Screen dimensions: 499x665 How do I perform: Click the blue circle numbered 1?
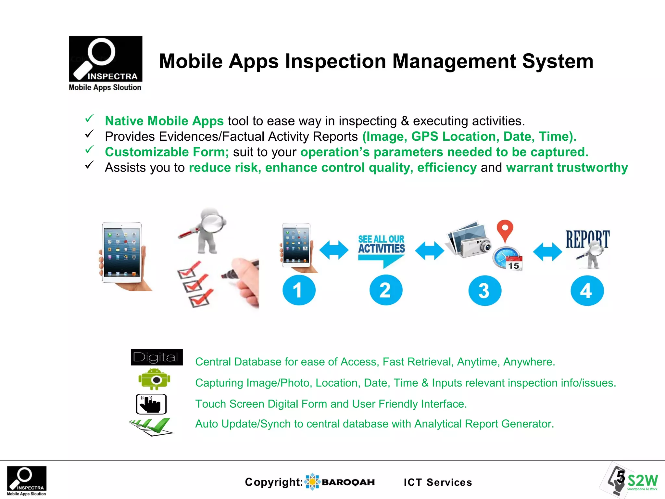pos(299,290)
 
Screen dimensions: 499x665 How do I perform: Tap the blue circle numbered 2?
pos(386,290)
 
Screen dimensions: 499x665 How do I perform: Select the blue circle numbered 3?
pos(484,290)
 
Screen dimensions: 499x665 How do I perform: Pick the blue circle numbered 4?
pos(587,290)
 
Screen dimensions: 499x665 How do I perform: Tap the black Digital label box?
pos(157,357)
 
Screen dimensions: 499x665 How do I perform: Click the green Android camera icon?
pos(154,379)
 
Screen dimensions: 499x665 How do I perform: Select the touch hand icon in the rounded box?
pos(151,404)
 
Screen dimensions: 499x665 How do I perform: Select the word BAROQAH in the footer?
pos(348,482)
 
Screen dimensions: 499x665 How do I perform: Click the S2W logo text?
pos(642,480)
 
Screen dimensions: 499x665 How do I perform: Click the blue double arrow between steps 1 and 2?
pos(334,250)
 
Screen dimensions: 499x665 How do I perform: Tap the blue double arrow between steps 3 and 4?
pos(547,251)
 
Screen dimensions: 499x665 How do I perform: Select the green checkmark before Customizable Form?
pos(89,149)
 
